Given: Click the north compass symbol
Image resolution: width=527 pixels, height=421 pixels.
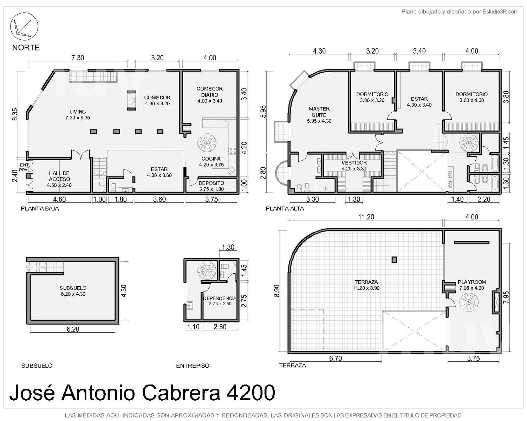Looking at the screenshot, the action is (24, 26).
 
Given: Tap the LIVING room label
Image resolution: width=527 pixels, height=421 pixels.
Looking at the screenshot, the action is (78, 114).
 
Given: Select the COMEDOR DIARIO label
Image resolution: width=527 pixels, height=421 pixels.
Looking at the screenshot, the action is (210, 95).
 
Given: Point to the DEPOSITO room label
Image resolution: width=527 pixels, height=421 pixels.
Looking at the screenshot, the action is (212, 186).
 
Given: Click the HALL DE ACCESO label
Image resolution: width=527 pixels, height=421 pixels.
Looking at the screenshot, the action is (59, 179).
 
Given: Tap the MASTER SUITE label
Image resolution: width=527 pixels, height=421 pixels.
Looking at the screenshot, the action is (319, 115).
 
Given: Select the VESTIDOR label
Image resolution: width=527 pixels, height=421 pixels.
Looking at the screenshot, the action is (354, 166).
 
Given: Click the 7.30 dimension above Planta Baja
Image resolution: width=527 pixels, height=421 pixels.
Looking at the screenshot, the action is (78, 58).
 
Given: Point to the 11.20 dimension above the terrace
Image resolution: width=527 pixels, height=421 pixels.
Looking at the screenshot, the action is (366, 217).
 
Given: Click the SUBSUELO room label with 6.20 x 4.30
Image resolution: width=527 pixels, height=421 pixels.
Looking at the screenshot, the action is (73, 291).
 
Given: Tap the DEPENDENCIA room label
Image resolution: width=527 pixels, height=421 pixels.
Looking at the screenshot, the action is (220, 301).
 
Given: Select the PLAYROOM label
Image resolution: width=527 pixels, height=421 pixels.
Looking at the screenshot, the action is (471, 285).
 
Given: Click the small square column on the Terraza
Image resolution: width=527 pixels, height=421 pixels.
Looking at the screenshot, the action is (394, 260).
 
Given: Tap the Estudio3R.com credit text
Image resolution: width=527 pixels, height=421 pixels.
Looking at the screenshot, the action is (500, 12).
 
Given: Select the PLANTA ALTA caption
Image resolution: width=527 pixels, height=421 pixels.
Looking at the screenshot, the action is (285, 209).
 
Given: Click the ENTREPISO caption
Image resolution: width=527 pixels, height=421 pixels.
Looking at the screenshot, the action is (193, 366).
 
